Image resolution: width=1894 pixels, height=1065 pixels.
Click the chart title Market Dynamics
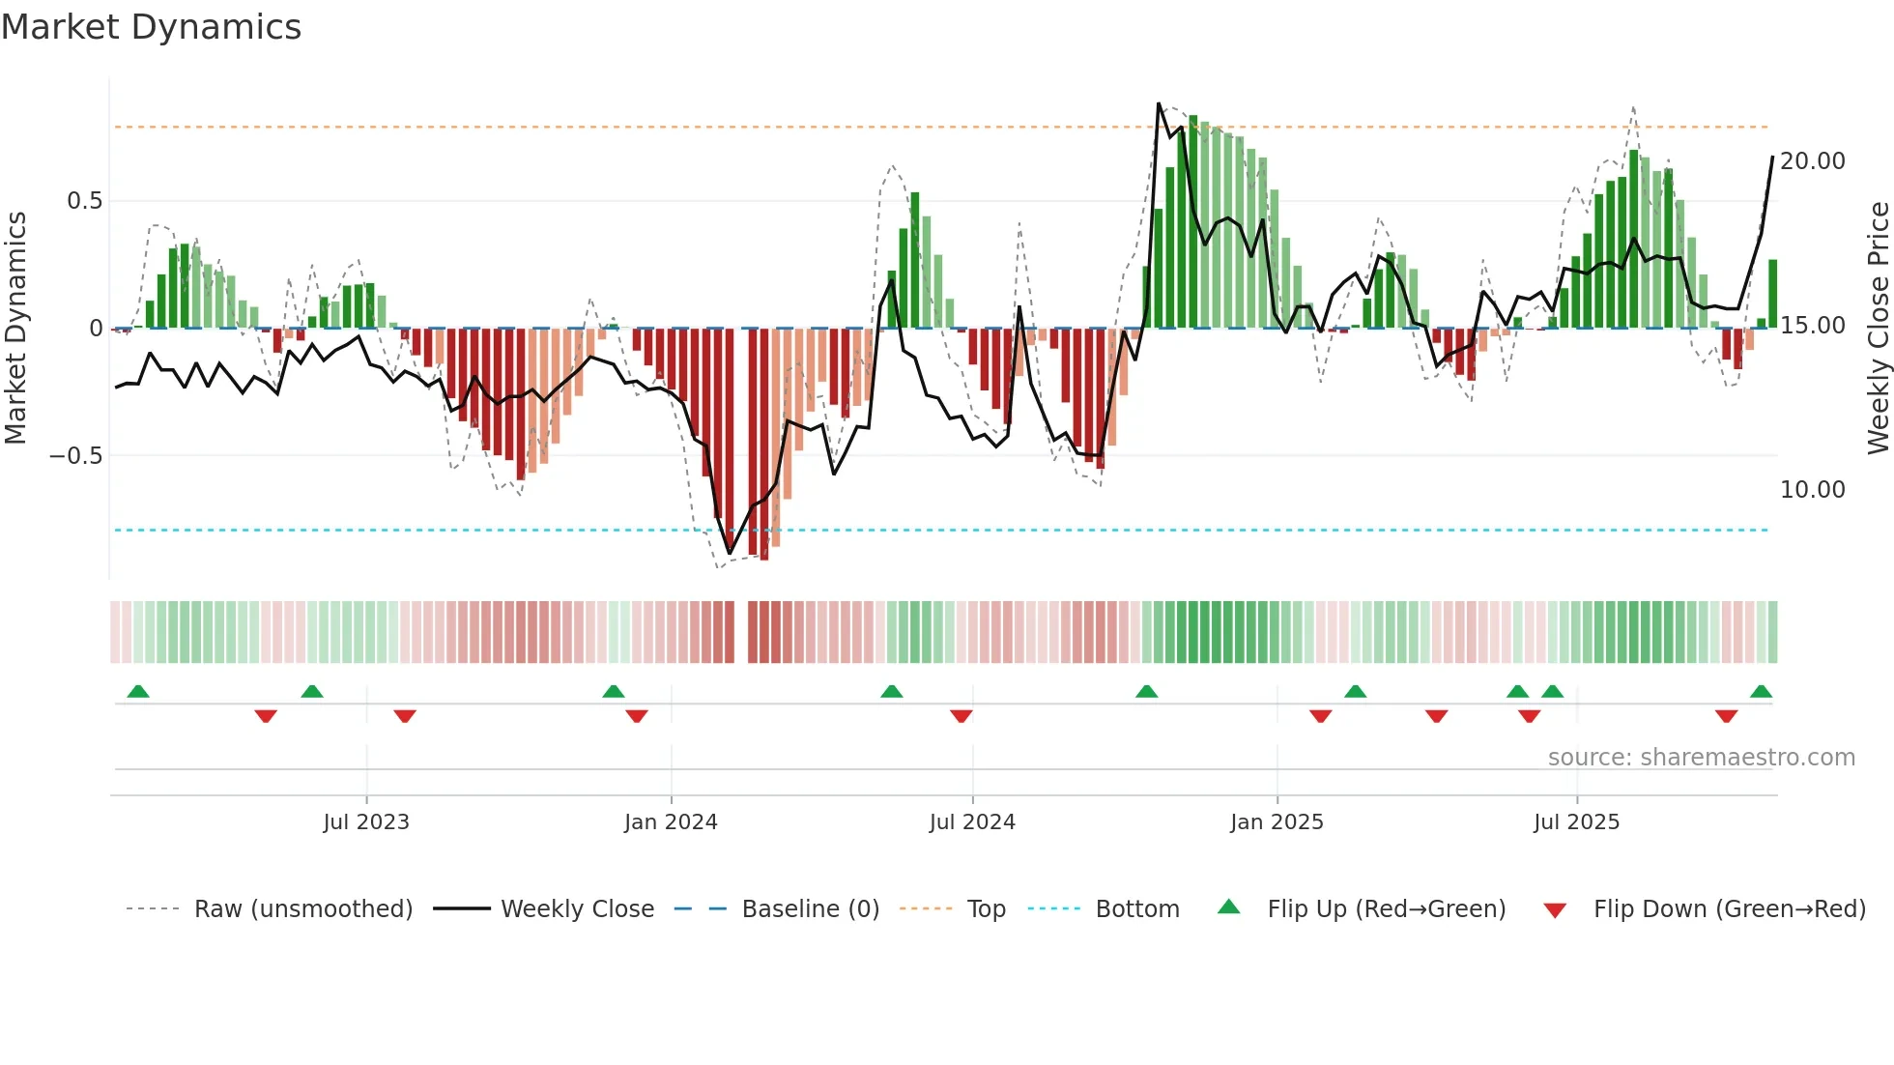[x=151, y=27]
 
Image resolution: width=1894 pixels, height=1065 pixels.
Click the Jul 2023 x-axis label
[x=366, y=822]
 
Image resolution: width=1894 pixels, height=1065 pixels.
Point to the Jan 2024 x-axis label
[x=671, y=822]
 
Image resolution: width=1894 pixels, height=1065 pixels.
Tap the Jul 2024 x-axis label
[x=972, y=822]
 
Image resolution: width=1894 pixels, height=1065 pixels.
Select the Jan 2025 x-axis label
[x=1277, y=822]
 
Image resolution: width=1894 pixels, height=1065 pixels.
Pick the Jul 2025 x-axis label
[x=1576, y=822]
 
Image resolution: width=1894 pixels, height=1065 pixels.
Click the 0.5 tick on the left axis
[x=84, y=201]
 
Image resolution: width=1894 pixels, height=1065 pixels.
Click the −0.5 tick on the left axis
[x=75, y=456]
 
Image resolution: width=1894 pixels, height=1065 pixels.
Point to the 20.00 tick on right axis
[x=1813, y=161]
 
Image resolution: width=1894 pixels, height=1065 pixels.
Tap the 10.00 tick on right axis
[x=1813, y=490]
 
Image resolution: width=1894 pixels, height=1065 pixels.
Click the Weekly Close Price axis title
[x=1878, y=329]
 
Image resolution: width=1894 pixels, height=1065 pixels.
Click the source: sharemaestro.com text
[x=1701, y=758]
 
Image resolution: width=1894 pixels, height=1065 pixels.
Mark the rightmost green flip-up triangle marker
[x=1761, y=692]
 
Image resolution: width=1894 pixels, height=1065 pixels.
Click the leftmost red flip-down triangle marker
[x=266, y=716]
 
